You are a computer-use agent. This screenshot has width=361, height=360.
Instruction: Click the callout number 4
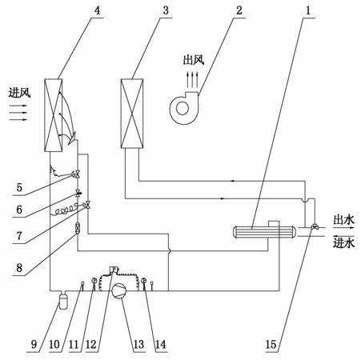97,10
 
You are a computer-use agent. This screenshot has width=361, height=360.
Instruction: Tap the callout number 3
166,10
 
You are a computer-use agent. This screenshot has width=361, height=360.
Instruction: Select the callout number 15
271,344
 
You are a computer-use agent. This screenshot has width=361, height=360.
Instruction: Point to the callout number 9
34,344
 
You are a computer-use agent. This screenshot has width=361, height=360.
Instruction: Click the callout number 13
138,344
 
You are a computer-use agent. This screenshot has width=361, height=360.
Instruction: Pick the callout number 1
308,10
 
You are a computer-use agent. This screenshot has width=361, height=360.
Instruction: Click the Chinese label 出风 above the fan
194,60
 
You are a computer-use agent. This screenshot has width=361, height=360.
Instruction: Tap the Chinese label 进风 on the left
19,93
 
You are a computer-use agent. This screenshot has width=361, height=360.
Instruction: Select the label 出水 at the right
344,220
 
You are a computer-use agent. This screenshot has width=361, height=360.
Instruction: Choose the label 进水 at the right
344,243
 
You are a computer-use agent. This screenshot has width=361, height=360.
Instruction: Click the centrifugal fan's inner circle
183,109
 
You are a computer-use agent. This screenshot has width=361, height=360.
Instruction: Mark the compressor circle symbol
119,290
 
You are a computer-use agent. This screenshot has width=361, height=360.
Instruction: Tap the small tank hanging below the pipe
63,301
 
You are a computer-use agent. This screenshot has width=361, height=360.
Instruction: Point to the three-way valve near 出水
315,227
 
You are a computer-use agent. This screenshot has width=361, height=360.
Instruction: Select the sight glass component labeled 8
78,229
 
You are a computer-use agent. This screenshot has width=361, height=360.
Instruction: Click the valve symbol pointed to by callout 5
77,174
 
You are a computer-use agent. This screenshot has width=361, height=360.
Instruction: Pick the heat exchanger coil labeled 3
132,114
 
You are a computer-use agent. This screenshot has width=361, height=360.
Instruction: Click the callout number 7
19,236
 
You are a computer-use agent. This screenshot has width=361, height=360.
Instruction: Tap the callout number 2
239,10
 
